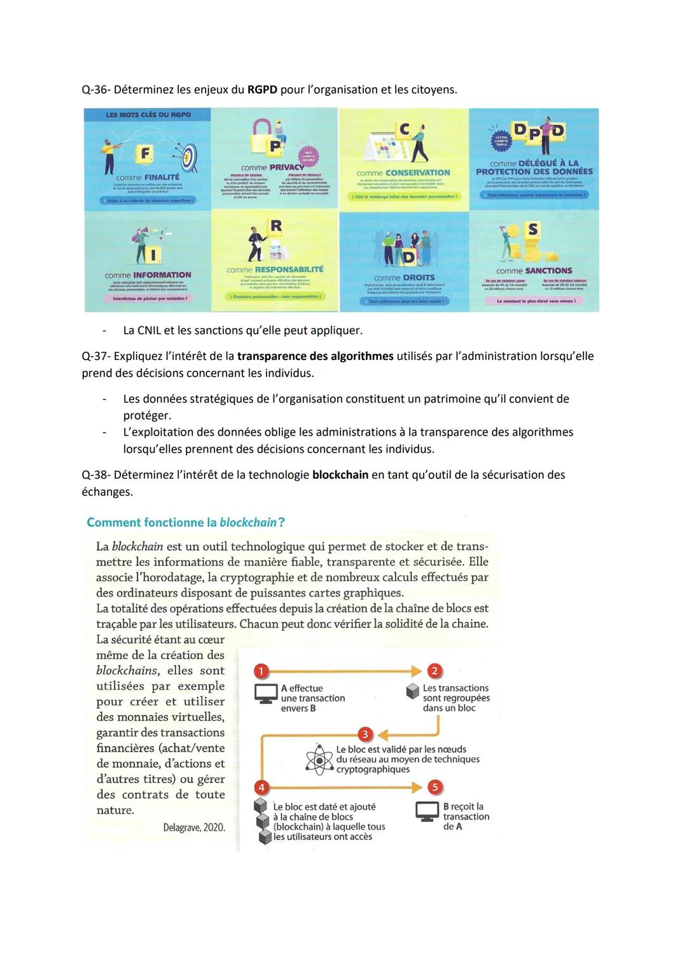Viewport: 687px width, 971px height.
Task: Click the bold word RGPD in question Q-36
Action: (262, 90)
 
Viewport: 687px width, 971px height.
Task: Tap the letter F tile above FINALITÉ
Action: (146, 153)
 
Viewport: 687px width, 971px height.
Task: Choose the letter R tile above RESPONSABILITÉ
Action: (275, 226)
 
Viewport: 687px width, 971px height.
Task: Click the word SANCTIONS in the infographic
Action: (548, 270)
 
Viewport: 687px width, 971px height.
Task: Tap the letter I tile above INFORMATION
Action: (153, 255)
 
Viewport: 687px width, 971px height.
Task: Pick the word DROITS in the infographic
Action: (418, 277)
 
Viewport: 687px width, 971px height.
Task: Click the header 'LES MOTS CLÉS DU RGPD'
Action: (148, 115)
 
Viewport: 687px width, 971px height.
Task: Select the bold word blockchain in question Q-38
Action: (340, 475)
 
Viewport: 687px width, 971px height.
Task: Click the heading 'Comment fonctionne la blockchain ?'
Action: (186, 523)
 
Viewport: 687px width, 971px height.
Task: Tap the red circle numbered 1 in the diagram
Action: (261, 671)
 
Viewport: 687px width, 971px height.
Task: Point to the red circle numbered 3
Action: (364, 734)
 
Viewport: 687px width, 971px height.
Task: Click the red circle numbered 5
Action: (434, 787)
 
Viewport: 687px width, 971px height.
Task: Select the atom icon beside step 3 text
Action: (319, 760)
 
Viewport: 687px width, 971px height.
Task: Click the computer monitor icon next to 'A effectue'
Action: (265, 694)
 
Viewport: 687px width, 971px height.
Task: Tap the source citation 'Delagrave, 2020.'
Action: (193, 827)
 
